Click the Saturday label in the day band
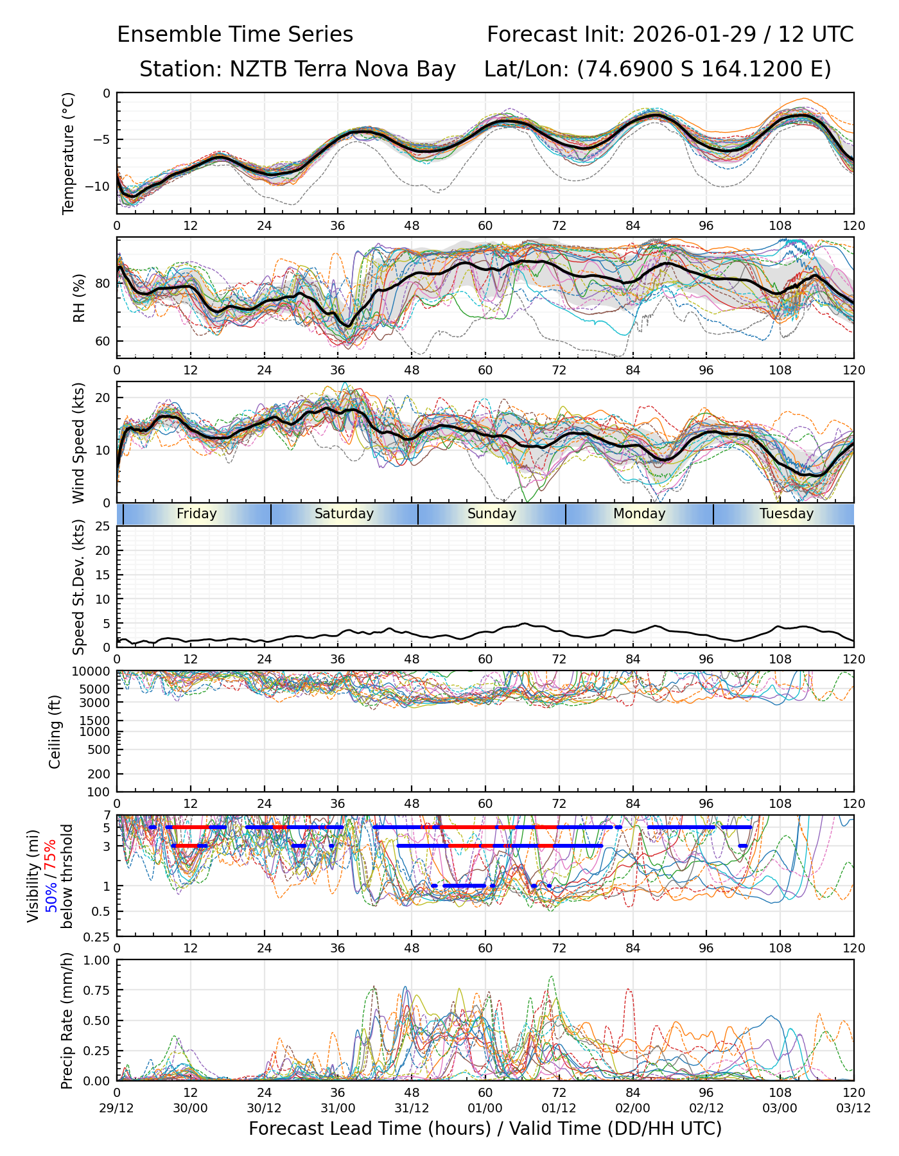[x=344, y=514]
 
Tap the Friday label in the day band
[x=196, y=514]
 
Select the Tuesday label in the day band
[x=787, y=514]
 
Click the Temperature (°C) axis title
[x=69, y=153]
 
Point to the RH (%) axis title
[x=79, y=297]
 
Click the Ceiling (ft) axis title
[x=55, y=731]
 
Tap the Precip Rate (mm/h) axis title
[x=67, y=1020]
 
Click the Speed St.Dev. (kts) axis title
[x=79, y=586]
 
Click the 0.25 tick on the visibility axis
[x=98, y=936]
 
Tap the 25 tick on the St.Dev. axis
[x=103, y=527]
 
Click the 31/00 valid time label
[x=338, y=1108]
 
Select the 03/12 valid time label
[x=853, y=1108]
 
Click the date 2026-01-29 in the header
[x=694, y=35]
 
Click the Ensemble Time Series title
[x=235, y=35]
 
